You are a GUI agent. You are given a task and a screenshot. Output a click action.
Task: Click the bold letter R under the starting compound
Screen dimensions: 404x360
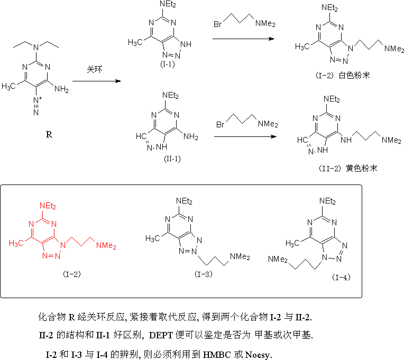click(49, 134)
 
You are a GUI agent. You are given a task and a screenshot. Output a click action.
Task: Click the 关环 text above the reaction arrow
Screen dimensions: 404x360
click(94, 69)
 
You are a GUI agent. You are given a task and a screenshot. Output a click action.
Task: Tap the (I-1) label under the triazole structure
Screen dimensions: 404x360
click(168, 64)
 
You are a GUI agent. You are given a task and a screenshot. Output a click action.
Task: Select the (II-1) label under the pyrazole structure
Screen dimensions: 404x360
click(172, 159)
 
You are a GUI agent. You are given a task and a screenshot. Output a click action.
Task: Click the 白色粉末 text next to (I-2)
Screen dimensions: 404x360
click(354, 75)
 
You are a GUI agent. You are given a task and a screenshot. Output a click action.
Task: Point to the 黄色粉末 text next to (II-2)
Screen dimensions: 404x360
click(362, 168)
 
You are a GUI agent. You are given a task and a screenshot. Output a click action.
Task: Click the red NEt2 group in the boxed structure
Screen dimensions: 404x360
click(48, 206)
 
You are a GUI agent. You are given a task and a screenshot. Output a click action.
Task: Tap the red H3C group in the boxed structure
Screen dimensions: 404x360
click(16, 243)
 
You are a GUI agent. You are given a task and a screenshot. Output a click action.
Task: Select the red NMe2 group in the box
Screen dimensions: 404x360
click(106, 245)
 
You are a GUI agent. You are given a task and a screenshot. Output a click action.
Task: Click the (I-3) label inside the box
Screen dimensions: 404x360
click(204, 274)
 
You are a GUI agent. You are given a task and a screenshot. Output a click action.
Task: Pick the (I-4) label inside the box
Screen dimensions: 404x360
click(341, 278)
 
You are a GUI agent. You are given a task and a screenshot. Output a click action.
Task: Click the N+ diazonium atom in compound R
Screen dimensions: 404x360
click(38, 100)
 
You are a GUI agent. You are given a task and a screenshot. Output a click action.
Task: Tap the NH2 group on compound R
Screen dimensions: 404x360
click(61, 89)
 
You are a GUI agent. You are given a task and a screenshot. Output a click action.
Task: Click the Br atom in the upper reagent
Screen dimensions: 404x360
click(217, 24)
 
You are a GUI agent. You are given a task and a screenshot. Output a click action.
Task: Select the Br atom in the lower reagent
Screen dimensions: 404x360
click(221, 125)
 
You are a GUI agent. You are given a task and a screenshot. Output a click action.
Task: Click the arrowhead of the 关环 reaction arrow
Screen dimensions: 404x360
click(118, 81)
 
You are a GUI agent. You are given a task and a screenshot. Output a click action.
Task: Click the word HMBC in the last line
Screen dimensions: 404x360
click(217, 355)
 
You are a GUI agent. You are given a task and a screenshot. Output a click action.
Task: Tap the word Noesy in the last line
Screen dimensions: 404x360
click(258, 355)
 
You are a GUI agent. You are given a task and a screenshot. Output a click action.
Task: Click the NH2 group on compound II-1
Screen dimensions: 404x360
click(191, 137)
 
